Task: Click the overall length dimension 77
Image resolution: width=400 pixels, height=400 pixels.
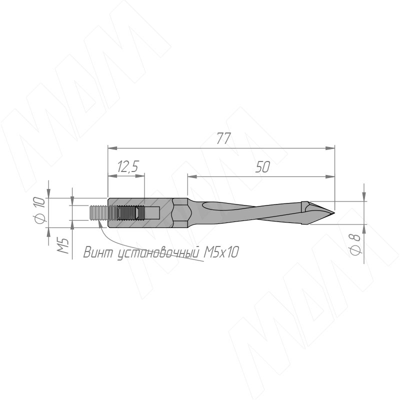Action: tap(223, 138)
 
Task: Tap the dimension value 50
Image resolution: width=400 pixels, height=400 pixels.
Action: tap(262, 167)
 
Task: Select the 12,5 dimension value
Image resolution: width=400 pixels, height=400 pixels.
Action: tap(128, 166)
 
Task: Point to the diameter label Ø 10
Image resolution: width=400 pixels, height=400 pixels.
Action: tap(40, 210)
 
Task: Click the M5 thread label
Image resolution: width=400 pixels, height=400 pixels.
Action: tap(63, 245)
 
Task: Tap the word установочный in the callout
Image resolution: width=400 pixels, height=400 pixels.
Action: tap(158, 253)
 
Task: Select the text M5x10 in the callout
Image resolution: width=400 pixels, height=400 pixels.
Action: tap(221, 252)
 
